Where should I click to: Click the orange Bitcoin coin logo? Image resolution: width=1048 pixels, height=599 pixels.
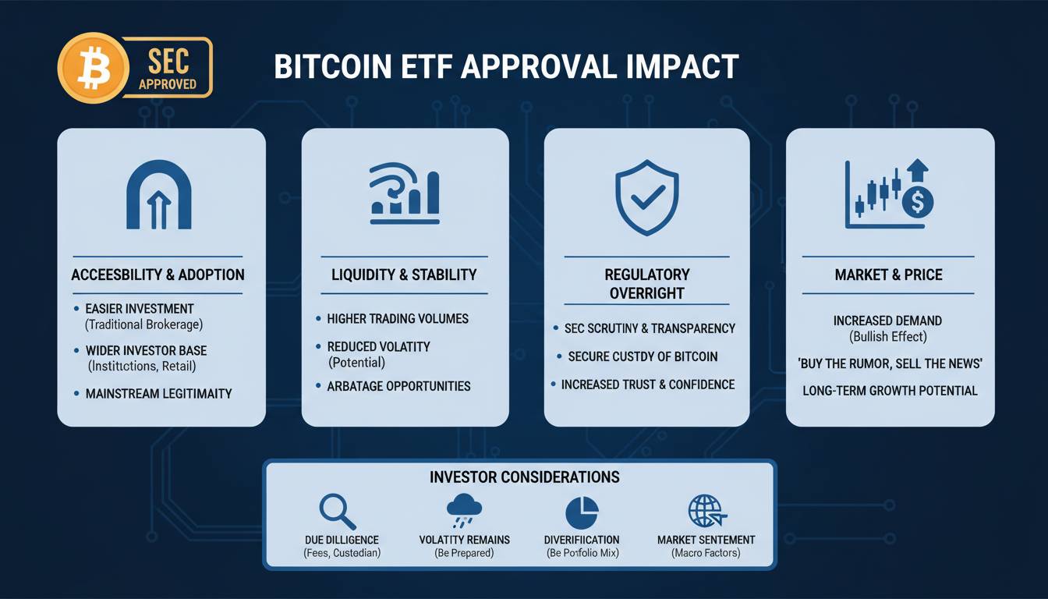click(x=93, y=68)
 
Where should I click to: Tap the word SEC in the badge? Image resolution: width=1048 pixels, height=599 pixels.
click(x=168, y=62)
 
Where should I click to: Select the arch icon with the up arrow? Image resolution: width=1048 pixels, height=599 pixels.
click(x=159, y=195)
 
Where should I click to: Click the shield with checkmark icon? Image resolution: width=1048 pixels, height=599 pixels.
click(x=646, y=197)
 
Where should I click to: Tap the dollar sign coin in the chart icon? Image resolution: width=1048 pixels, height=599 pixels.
click(x=918, y=202)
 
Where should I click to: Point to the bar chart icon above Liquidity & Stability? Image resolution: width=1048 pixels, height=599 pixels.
click(x=405, y=193)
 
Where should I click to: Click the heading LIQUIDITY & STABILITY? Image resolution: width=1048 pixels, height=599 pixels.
click(x=404, y=275)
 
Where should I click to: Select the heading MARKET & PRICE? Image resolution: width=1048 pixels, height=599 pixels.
click(x=888, y=275)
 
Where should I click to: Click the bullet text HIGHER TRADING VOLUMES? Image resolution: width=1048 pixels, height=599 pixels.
click(x=398, y=319)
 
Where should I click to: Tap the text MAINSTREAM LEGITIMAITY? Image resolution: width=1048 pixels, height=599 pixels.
click(x=158, y=394)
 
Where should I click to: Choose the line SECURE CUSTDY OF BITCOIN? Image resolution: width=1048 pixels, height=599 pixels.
click(x=643, y=356)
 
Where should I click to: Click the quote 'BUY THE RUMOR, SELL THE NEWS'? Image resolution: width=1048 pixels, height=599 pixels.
click(x=890, y=363)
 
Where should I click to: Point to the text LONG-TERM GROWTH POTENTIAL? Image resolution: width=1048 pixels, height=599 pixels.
click(x=890, y=391)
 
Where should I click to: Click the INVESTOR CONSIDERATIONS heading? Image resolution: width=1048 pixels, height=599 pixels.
click(x=525, y=477)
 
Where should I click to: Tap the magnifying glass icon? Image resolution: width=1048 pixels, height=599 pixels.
click(x=338, y=512)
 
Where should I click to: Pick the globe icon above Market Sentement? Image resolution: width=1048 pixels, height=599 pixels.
click(x=707, y=511)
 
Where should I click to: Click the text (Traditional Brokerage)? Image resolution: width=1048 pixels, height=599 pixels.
click(x=143, y=324)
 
